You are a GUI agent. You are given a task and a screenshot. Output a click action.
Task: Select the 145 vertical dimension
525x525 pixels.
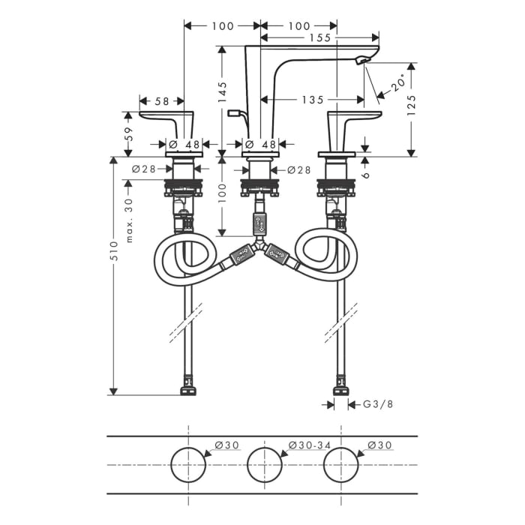(x=222, y=91)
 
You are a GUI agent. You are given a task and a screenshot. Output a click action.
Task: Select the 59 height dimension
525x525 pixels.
(x=127, y=134)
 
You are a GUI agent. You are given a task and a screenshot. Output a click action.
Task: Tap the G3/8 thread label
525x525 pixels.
(x=378, y=404)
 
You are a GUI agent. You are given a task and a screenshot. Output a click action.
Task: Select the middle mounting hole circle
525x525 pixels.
(x=264, y=465)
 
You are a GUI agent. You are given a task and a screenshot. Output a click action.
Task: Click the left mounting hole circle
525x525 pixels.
(x=187, y=465)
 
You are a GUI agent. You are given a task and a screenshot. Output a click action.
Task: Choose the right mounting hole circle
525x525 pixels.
(x=341, y=465)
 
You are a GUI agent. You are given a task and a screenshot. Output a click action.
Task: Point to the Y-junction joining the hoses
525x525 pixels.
(x=259, y=245)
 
